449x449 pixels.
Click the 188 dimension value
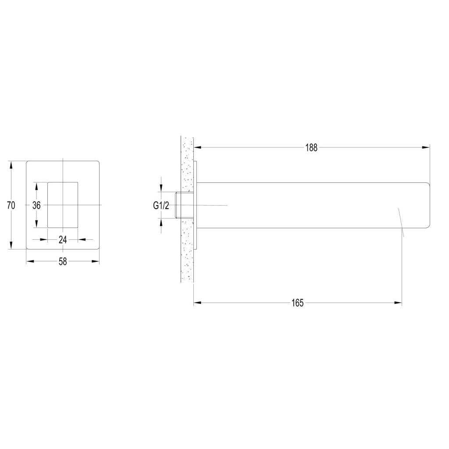pos(312,148)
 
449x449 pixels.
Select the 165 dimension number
pos(298,303)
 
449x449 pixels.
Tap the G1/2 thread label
pos(161,206)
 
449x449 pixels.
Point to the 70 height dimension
pos(11,205)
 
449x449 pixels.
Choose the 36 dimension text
pos(36,205)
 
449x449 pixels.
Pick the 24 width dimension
pos(63,240)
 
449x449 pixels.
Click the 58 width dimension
pos(63,261)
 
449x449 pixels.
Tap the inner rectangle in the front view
pos(63,205)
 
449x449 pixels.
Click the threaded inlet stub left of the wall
pos(178,205)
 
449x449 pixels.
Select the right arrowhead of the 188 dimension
pos(426,147)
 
